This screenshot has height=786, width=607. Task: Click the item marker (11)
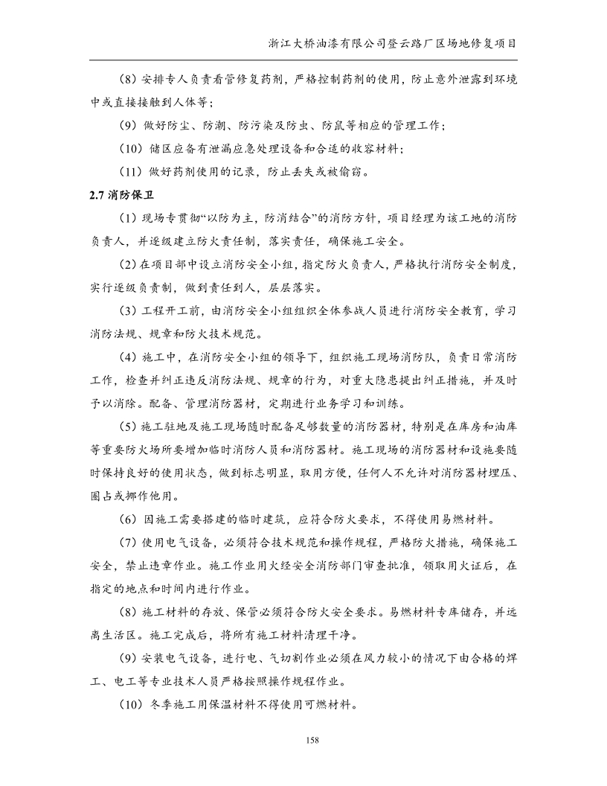[x=132, y=172]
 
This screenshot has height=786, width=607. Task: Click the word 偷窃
[x=349, y=172]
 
